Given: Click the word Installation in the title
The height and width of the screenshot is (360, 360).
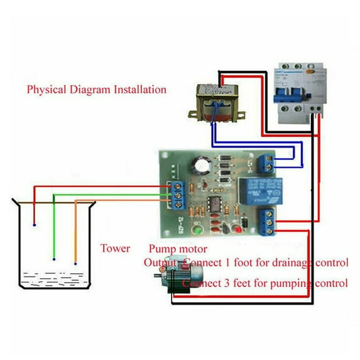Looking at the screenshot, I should [x=139, y=89].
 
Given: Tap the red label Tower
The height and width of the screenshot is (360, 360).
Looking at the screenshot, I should [x=116, y=248].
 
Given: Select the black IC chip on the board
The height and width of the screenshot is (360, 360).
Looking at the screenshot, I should [x=215, y=205].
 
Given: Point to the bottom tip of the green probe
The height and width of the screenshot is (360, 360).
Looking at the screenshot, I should [x=55, y=259].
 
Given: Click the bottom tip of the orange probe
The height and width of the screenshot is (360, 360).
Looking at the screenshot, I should [x=75, y=263].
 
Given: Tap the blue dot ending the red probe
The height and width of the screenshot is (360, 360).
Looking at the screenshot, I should [x=34, y=224].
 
